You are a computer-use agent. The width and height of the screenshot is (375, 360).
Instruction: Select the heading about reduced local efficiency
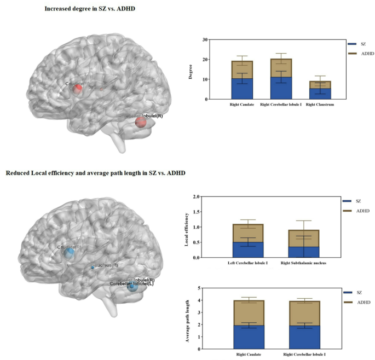95,173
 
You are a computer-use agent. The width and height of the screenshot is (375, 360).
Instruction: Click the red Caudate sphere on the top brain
78,88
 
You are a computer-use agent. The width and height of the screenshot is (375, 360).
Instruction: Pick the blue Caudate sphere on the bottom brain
69,253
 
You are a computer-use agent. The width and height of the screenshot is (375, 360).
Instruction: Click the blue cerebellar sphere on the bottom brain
131,286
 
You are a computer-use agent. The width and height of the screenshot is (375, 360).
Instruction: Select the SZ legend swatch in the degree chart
353,43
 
